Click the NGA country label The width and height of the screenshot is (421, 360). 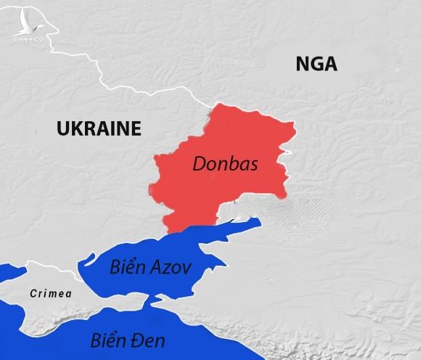(x=316, y=65)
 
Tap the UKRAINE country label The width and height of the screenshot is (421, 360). (x=98, y=129)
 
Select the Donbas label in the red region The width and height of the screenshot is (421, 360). (x=226, y=165)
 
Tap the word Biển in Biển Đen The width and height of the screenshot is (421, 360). (x=109, y=339)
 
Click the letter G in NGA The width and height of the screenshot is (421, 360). (x=316, y=65)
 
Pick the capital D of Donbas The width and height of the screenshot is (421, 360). (x=198, y=165)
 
